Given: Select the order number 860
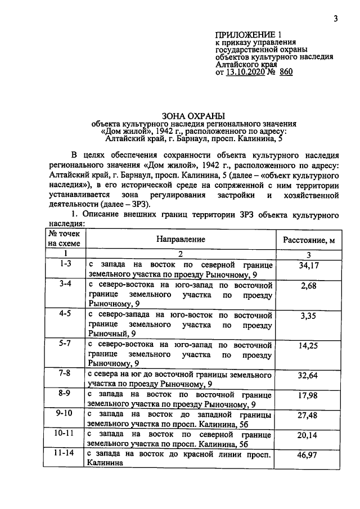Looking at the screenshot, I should pos(286,73).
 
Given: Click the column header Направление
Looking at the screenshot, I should pos(181,239).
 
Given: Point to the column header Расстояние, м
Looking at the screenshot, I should pos(309,241).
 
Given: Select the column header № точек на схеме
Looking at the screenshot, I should pos(65,238).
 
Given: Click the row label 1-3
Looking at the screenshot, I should pos(65,263).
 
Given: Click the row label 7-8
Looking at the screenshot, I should pos(65,372).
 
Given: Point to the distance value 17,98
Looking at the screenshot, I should pos(309,395).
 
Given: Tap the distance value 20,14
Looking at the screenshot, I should pos(309,435).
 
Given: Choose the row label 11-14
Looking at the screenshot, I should pos(65,452).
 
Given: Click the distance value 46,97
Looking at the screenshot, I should pos(309,456).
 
